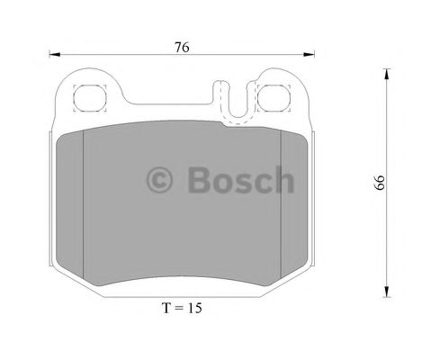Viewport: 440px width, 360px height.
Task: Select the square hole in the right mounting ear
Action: (275, 96)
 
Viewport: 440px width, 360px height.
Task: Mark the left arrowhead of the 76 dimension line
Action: (51, 54)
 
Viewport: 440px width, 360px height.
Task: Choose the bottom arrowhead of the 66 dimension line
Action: (385, 292)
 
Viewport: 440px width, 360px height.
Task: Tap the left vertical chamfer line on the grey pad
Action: (83, 207)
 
